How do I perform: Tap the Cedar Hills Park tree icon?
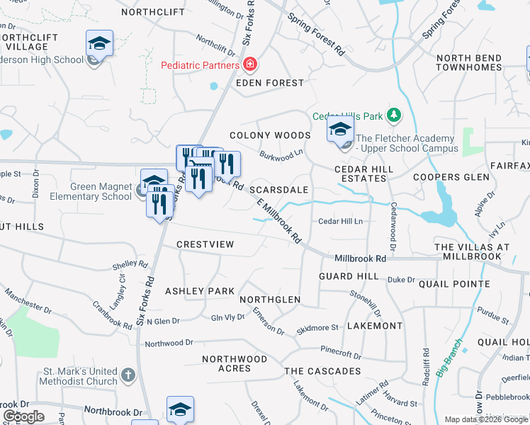click(x=395, y=115)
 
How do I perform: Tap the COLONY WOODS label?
click(x=270, y=135)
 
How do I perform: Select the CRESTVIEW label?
click(x=205, y=244)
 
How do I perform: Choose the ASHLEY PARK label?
click(x=199, y=291)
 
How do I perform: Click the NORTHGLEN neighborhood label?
click(x=269, y=300)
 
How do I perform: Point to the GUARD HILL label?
click(x=349, y=276)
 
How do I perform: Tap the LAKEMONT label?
click(x=375, y=326)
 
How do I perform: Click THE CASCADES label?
click(x=322, y=371)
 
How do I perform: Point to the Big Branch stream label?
click(x=449, y=358)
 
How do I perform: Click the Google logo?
click(x=24, y=416)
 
